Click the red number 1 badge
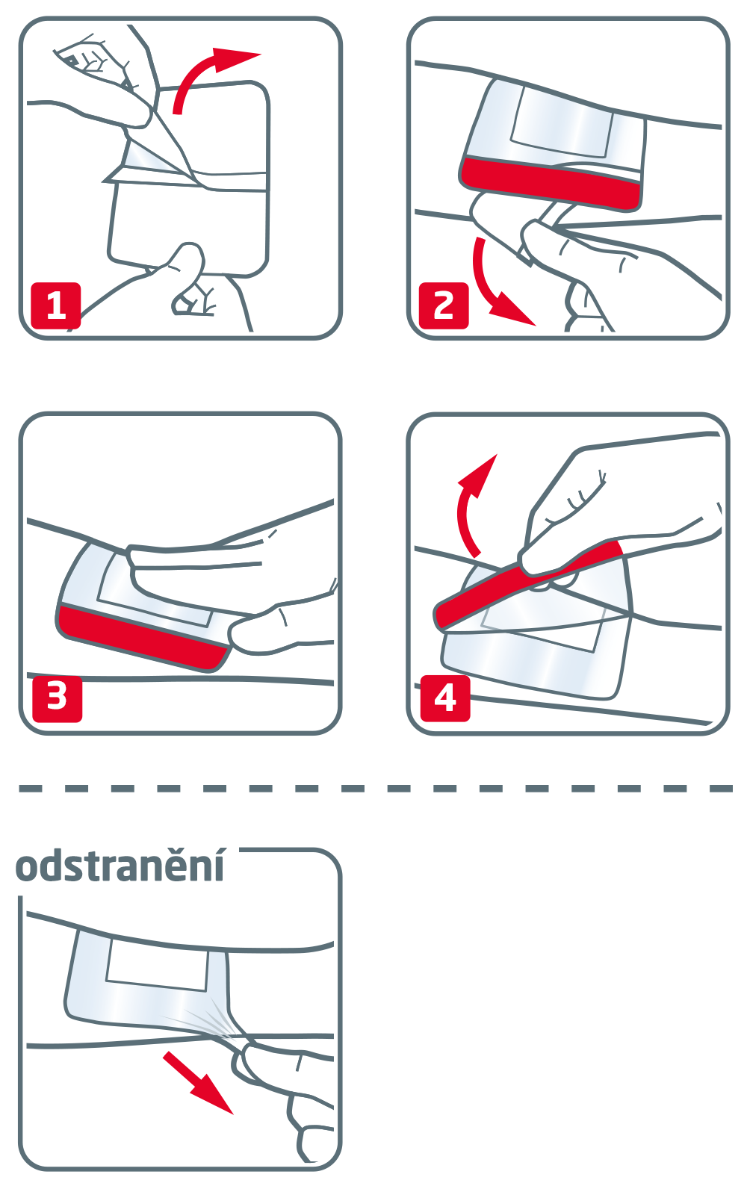pyautogui.click(x=56, y=305)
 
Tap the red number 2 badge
pyautogui.click(x=444, y=305)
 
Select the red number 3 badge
pyautogui.click(x=58, y=698)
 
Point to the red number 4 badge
pyautogui.click(x=445, y=698)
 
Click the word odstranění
pyautogui.click(x=120, y=867)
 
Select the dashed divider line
pyautogui.click(x=376, y=789)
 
